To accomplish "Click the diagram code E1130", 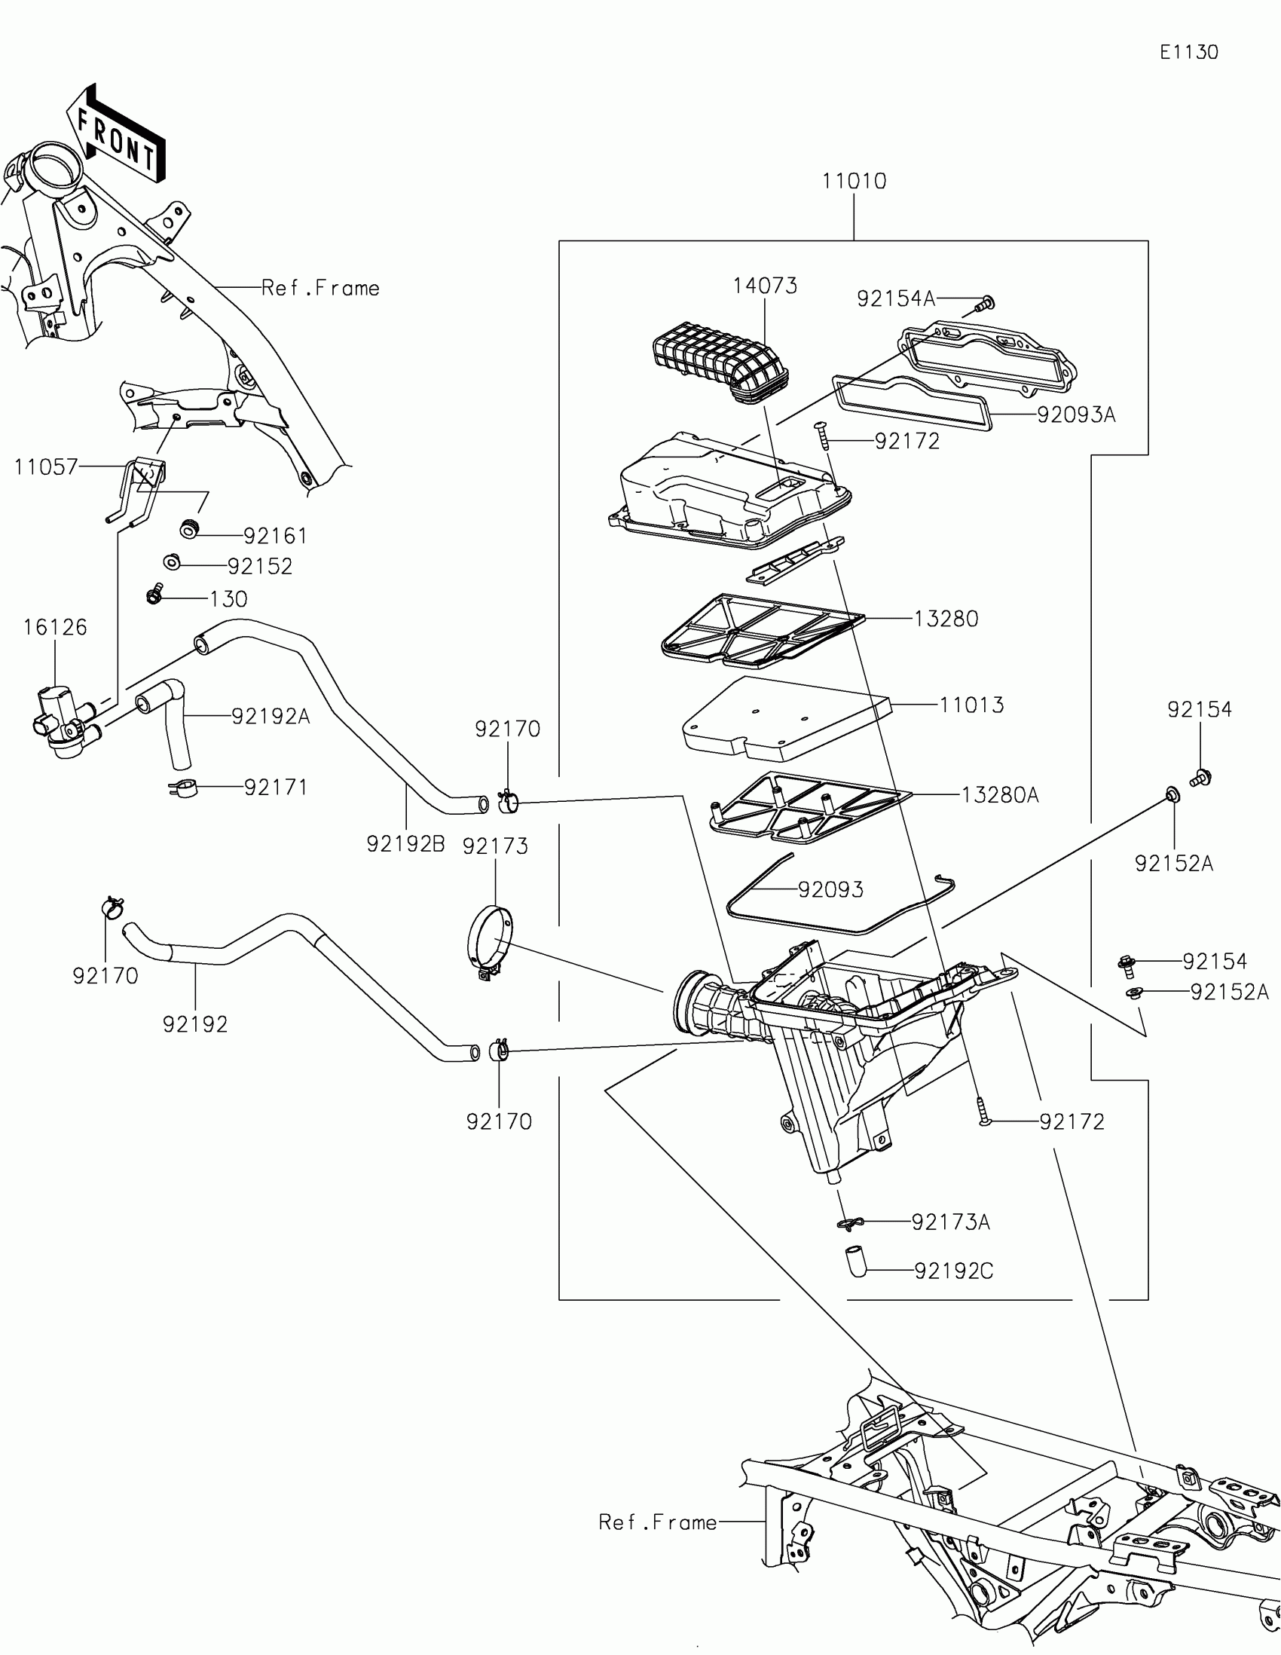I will [1188, 52].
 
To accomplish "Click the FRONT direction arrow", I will [118, 139].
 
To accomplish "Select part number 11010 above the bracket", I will [854, 182].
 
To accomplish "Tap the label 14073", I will [764, 286].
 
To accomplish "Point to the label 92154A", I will [895, 299].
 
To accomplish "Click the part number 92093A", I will [1076, 415].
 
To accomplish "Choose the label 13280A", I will [1000, 795].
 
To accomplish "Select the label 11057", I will [45, 467].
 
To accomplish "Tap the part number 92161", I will [275, 537].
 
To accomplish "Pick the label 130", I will [228, 599].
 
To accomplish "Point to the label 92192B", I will [405, 844].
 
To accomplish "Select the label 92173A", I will [950, 1222].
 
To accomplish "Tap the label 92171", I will [276, 788].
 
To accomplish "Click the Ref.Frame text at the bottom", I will [657, 1522].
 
